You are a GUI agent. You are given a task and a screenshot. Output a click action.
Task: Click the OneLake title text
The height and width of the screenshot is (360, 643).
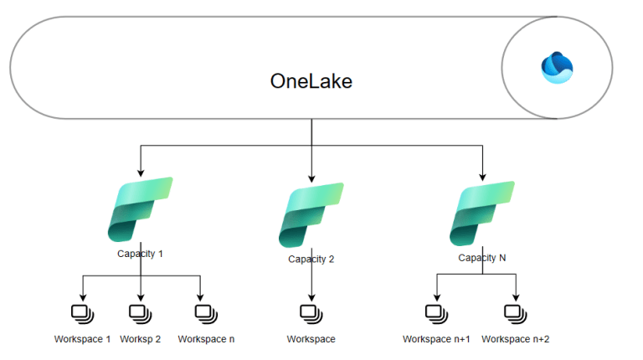tap(311, 81)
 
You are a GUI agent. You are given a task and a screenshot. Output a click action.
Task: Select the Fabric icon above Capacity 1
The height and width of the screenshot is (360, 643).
tap(140, 209)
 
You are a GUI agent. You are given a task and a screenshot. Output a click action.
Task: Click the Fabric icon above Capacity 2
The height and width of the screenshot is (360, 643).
tap(311, 214)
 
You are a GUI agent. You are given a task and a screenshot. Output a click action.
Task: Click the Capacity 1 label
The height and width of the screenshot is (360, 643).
tap(140, 253)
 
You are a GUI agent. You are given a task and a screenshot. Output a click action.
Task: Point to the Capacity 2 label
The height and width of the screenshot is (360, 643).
tap(311, 259)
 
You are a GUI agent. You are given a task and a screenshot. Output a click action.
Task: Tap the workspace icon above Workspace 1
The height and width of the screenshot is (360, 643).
tap(82, 313)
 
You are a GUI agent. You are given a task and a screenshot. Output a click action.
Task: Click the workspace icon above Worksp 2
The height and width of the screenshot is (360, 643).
tap(140, 313)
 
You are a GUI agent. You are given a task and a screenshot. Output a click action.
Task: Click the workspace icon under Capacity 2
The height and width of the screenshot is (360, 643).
tap(311, 313)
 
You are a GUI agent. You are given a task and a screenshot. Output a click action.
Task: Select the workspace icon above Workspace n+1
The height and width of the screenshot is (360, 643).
tap(436, 313)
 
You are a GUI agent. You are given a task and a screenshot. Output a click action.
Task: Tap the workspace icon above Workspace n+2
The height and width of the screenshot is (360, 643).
tap(515, 313)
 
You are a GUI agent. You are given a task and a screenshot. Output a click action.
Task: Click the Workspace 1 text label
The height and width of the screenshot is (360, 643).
tap(82, 339)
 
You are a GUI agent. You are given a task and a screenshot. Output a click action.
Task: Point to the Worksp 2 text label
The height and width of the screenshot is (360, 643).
tap(140, 339)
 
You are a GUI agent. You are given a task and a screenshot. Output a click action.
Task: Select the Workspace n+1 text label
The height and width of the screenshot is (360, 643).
tap(436, 339)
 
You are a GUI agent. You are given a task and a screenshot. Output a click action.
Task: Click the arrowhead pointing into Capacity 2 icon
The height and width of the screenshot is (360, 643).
tap(311, 177)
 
